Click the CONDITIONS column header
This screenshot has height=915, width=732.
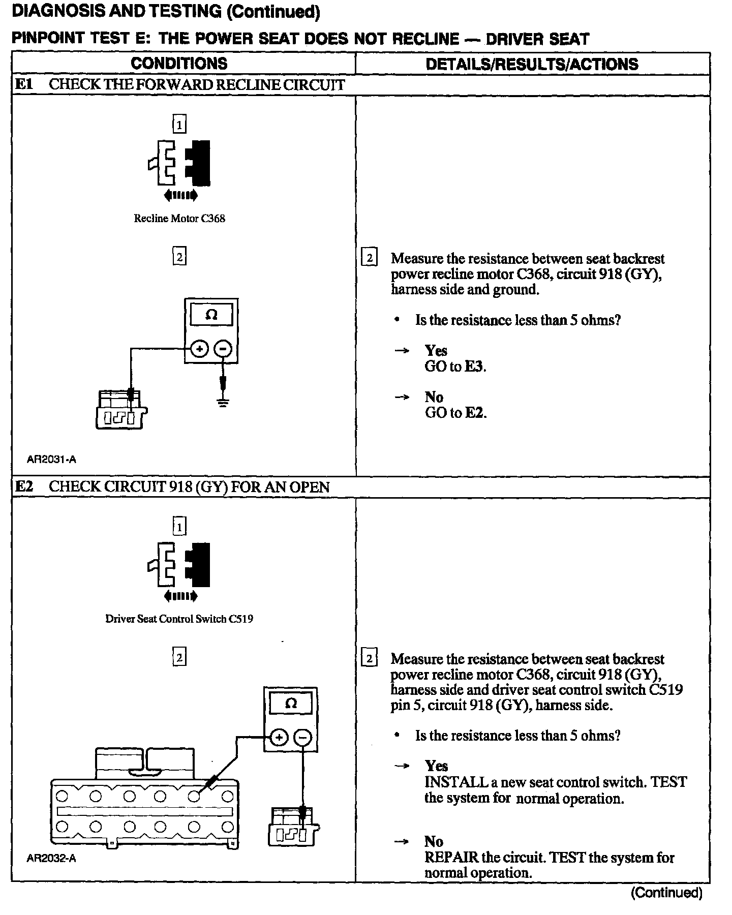click(x=179, y=64)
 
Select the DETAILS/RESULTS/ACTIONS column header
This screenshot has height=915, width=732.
click(x=532, y=64)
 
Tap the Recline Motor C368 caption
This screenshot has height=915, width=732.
click(x=179, y=219)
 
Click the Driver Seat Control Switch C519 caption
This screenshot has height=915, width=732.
click(x=179, y=619)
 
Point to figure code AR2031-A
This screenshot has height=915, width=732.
click(x=51, y=460)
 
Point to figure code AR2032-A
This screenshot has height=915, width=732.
click(x=51, y=859)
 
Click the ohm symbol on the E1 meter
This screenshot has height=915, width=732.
click(x=211, y=315)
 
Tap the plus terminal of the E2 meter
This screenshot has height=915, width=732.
click(x=278, y=737)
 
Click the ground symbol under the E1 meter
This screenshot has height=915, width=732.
click(x=223, y=403)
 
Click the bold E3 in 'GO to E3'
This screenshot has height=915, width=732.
click(x=474, y=367)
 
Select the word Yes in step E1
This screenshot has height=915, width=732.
click(x=436, y=351)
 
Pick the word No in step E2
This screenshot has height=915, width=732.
click(x=434, y=842)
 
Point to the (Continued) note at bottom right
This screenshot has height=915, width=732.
click(x=666, y=893)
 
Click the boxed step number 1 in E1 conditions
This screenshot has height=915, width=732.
click(x=179, y=124)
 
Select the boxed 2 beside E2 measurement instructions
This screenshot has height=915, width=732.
click(x=369, y=659)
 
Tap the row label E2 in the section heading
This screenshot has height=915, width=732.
click(x=24, y=487)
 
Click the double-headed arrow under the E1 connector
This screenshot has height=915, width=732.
click(x=180, y=195)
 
